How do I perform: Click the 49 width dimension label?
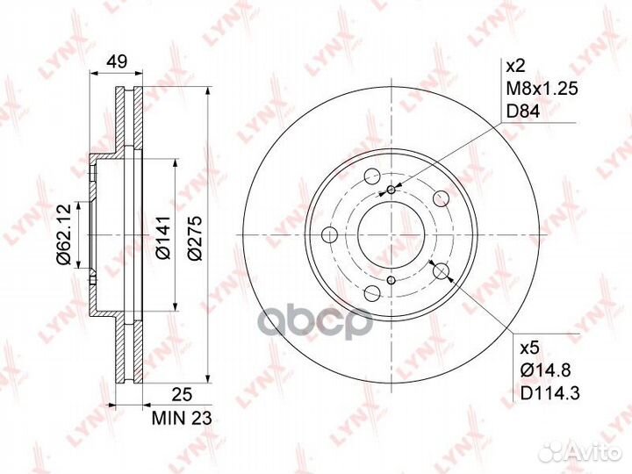pyautogui.click(x=117, y=61)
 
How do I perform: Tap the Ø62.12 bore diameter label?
pyautogui.click(x=64, y=234)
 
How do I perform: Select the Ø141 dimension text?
pyautogui.click(x=163, y=237)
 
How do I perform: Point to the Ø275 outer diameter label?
pyautogui.click(x=195, y=238)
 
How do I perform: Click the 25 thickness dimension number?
pyautogui.click(x=182, y=395)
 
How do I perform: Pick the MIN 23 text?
pyautogui.click(x=182, y=419)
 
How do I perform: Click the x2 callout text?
pyautogui.click(x=515, y=65)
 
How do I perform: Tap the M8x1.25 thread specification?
pyautogui.click(x=542, y=89)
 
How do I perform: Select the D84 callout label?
pyautogui.click(x=523, y=111)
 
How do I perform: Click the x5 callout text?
pyautogui.click(x=529, y=348)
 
